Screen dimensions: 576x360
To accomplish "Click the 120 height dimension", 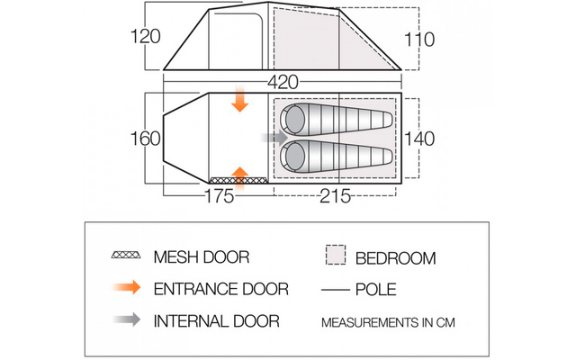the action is click(x=146, y=37).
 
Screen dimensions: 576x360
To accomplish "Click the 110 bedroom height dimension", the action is click(x=419, y=40).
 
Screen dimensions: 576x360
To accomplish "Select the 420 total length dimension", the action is click(x=283, y=83).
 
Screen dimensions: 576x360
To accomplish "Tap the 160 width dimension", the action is click(x=146, y=139).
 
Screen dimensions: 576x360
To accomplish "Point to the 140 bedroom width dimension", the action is click(x=419, y=139).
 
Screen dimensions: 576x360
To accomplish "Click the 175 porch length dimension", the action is click(x=219, y=196).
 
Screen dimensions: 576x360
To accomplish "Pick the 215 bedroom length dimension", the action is click(x=335, y=196).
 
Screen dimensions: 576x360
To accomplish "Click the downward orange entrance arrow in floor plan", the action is click(x=240, y=100).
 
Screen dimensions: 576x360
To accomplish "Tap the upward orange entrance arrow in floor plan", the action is click(x=240, y=179).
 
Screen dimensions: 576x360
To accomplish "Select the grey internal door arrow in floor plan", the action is click(x=274, y=138).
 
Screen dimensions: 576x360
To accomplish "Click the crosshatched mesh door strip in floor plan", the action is click(x=238, y=180).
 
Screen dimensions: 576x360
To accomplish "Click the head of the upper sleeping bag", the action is click(x=292, y=120).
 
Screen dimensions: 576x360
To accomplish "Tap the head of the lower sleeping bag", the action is click(x=292, y=157).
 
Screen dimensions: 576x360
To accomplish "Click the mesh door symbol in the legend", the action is click(x=126, y=255).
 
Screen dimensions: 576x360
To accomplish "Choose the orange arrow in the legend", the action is click(x=127, y=287).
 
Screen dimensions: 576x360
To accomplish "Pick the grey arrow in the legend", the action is click(x=127, y=319).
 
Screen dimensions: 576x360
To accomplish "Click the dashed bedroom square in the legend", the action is click(x=336, y=255).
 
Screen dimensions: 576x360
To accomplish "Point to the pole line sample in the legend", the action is click(x=336, y=290).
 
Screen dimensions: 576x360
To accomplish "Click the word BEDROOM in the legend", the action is click(x=396, y=258).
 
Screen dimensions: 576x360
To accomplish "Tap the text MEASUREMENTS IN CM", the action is click(x=388, y=322).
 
